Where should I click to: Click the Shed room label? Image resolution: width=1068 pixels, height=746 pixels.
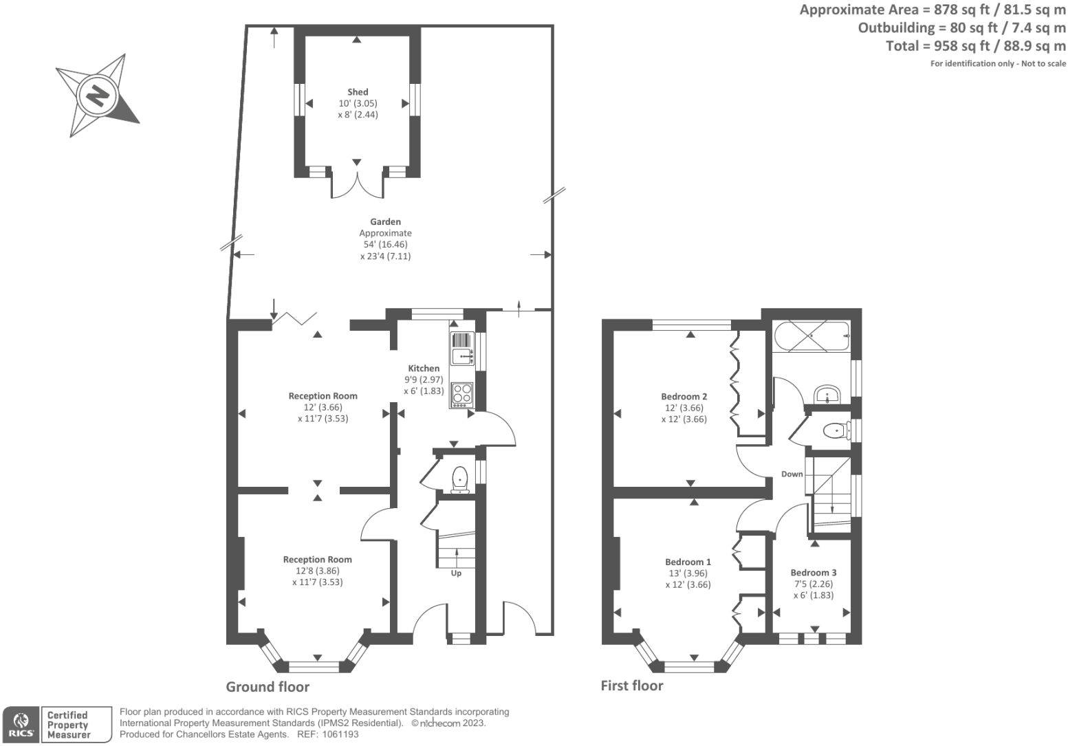358,92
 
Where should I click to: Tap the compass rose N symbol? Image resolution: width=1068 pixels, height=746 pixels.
98,94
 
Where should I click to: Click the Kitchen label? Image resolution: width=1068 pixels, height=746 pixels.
424,369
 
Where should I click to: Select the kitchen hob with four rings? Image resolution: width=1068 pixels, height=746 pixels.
462,394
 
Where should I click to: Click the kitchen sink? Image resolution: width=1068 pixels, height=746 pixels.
461,356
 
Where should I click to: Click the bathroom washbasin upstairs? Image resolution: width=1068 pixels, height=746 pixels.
826,395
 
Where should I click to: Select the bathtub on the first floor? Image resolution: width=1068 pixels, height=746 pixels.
811,336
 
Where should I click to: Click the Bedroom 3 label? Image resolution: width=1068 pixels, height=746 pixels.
813,573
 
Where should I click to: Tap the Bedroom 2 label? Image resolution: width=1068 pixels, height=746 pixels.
684,397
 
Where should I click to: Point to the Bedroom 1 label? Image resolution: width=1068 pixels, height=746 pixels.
688,562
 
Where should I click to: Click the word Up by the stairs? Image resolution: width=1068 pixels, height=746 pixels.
456,573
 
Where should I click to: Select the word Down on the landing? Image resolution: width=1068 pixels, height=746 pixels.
792,474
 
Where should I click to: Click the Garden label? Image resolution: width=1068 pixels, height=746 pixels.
385,222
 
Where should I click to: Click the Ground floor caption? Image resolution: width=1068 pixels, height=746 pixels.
268,687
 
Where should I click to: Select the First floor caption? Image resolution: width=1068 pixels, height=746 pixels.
632,685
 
